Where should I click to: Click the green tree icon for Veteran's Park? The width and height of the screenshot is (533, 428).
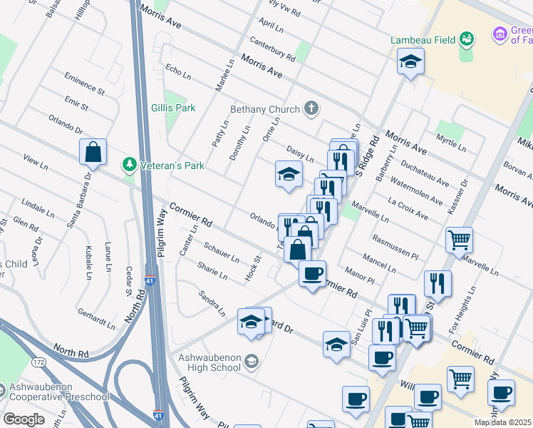pos(129,165)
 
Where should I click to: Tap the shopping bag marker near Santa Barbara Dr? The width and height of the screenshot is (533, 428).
pos(93,151)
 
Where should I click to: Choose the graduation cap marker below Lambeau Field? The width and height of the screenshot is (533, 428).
pos(410,62)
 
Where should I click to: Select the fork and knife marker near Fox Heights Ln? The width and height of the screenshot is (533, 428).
pos(438,282)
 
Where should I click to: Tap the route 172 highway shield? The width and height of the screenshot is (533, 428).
pos(38,362)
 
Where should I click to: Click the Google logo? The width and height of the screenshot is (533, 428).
pos(24,419)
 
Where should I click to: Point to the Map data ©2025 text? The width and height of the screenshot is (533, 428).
pos(502,422)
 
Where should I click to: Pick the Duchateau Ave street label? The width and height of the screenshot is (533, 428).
pos(425,173)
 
